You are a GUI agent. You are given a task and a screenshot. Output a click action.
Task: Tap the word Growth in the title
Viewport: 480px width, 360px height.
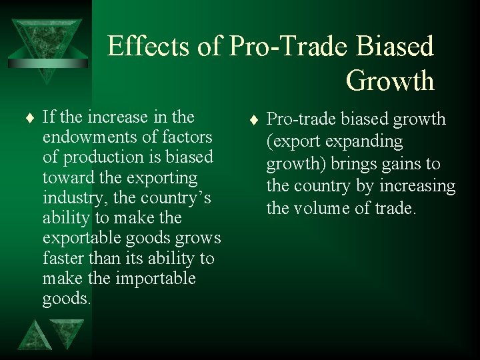pos(390,81)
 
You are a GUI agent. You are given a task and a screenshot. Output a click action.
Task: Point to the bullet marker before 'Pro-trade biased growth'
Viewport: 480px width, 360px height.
pos(253,121)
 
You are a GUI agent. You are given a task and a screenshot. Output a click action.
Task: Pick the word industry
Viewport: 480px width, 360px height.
pos(69,198)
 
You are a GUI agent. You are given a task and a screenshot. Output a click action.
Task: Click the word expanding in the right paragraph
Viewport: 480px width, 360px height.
pos(366,141)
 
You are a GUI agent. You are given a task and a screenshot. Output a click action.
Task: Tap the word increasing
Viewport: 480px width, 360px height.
pos(417,185)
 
